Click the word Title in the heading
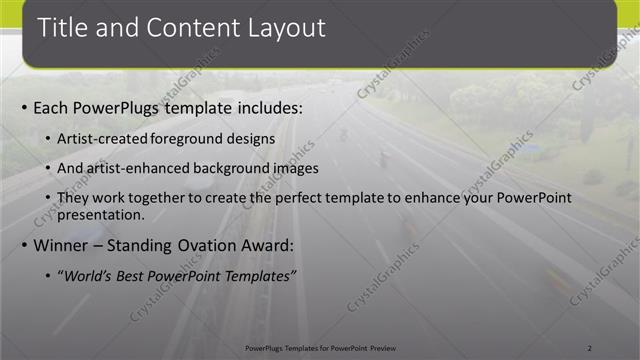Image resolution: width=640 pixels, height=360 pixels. [65, 28]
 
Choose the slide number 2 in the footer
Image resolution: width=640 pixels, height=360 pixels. [590, 347]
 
